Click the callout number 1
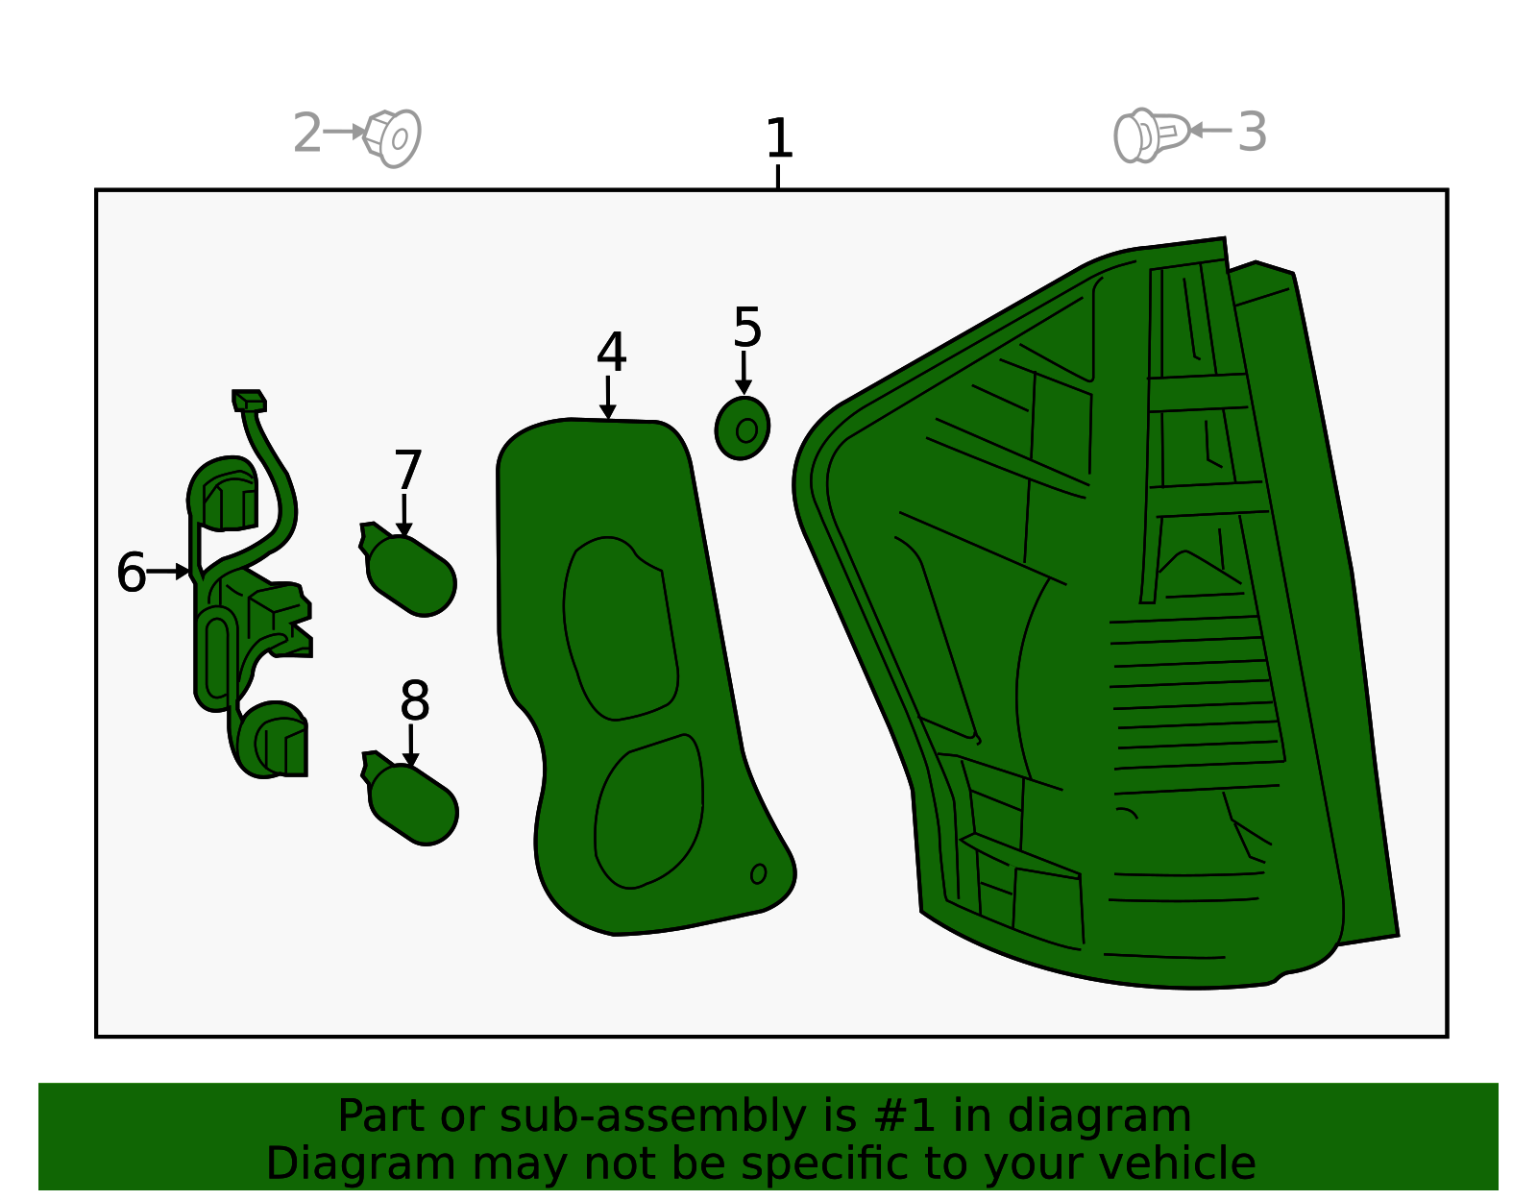point(779,138)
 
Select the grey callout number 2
point(307,133)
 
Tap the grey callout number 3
point(1252,132)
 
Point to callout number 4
point(611,352)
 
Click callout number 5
point(747,327)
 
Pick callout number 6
point(132,572)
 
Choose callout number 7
point(407,469)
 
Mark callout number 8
point(414,700)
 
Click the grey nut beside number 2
point(392,138)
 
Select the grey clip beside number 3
point(1151,135)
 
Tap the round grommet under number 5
point(742,428)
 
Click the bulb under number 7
point(408,569)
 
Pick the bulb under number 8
point(410,797)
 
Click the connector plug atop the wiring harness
point(249,401)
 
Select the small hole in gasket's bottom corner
point(758,874)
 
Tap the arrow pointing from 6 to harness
point(168,572)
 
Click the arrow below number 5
point(744,373)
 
